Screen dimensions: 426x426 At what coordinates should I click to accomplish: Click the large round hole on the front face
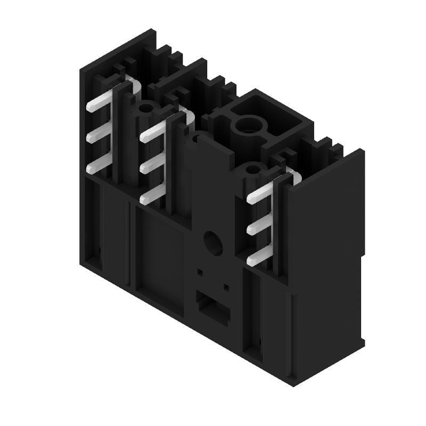tap(212, 242)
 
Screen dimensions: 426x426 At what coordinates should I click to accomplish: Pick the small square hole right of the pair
tap(226, 287)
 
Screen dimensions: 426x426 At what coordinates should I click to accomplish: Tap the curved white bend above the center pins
tap(184, 112)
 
